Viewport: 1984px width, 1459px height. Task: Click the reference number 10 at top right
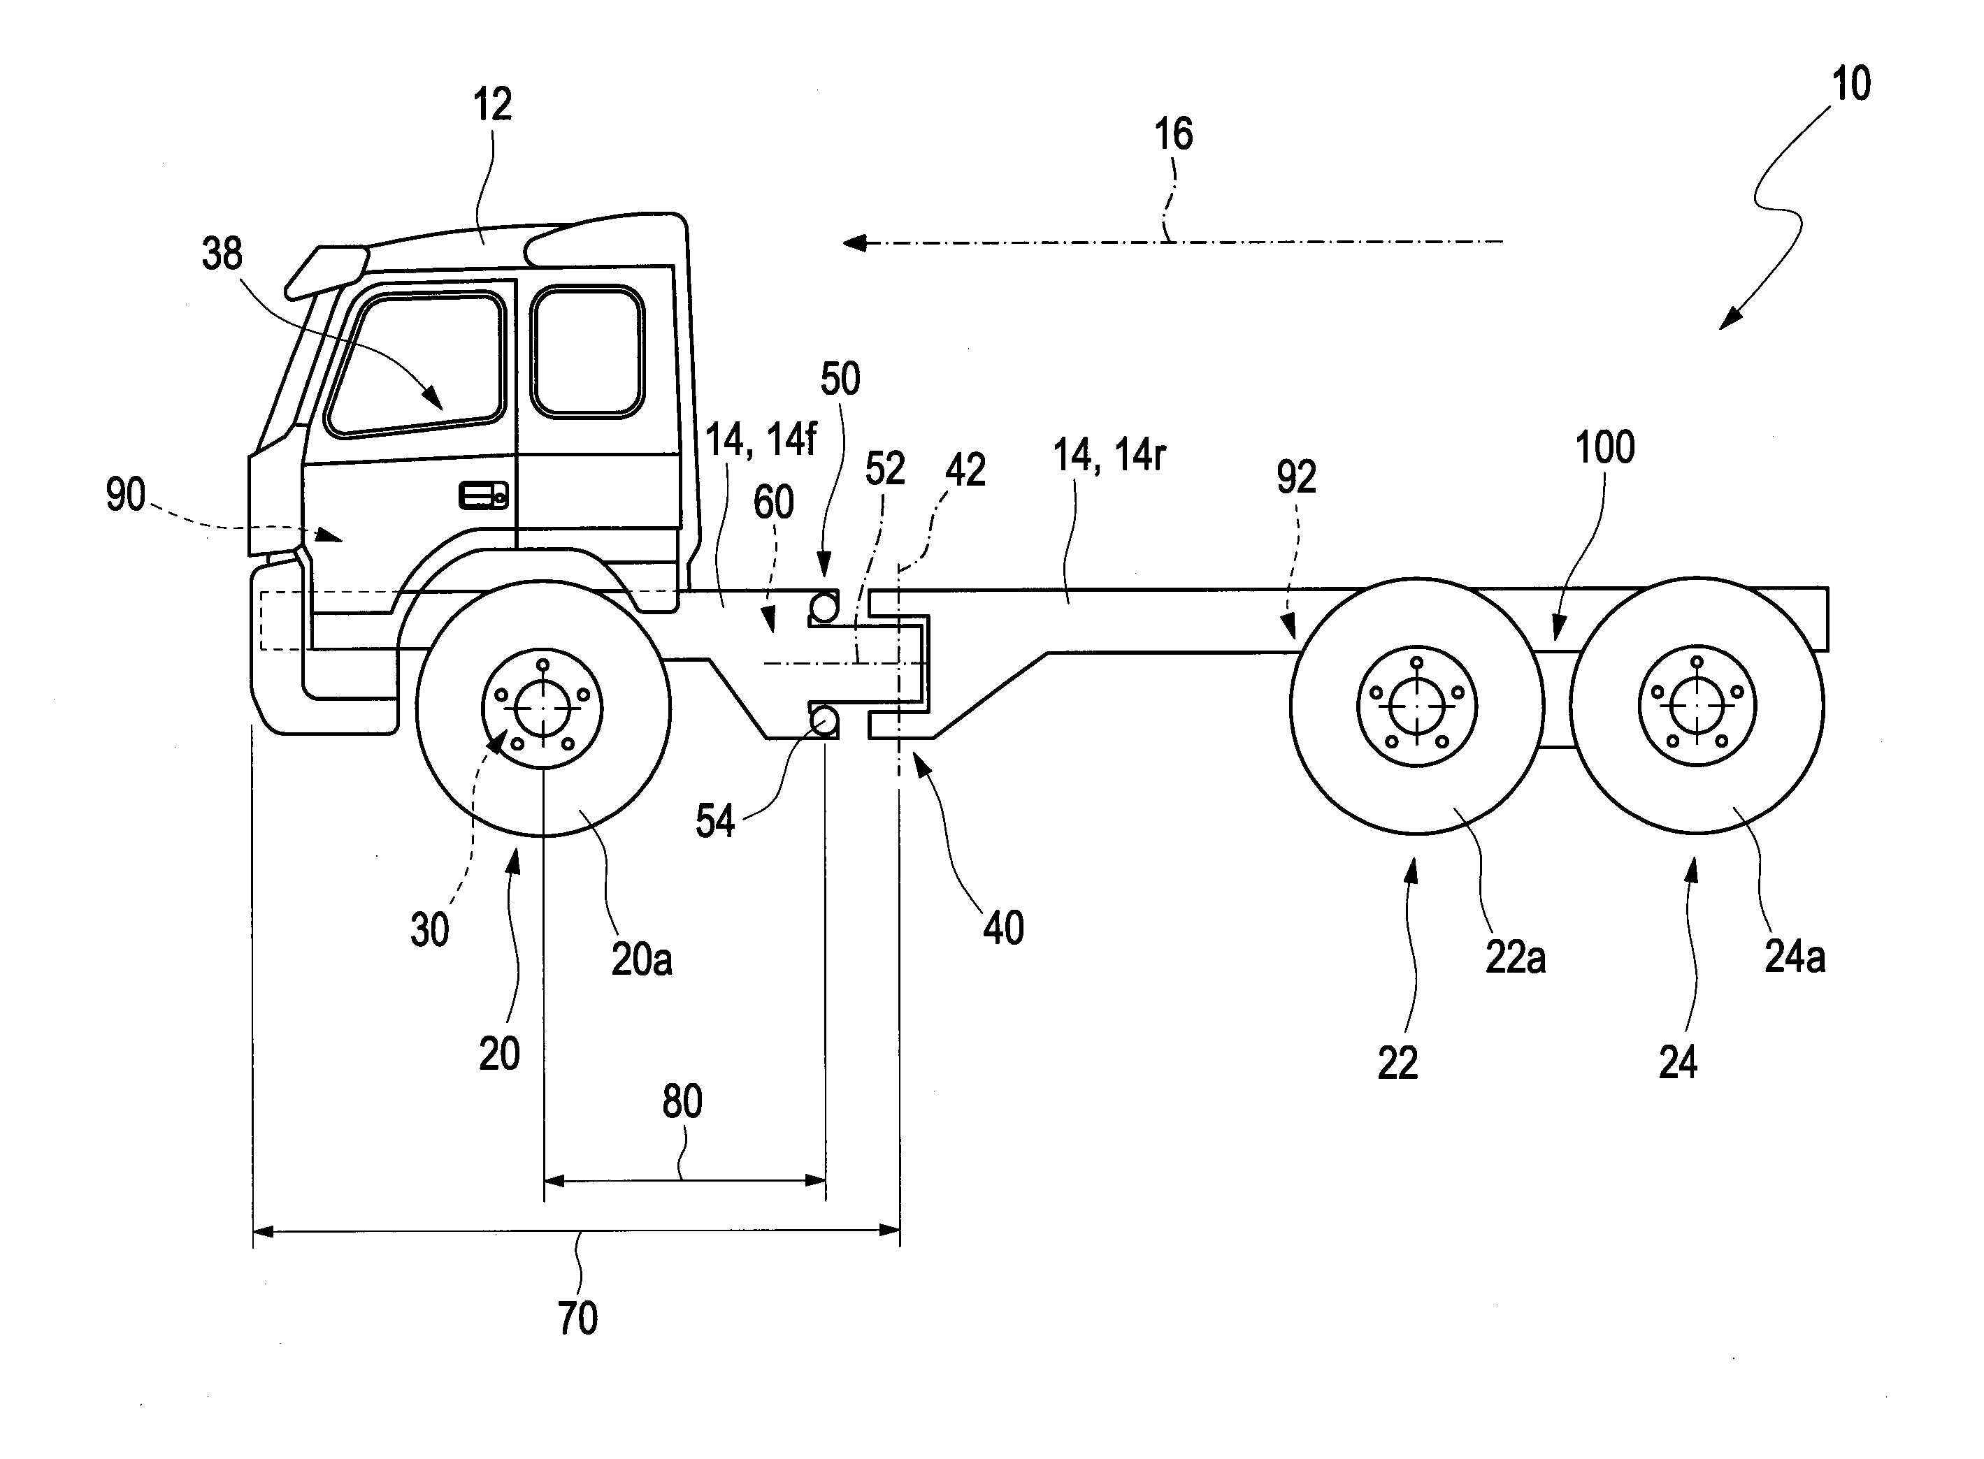click(1850, 85)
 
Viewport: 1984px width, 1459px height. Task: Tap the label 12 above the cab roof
click(492, 105)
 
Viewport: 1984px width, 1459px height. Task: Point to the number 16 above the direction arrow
click(1173, 134)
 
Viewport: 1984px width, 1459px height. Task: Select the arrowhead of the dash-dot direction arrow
click(854, 242)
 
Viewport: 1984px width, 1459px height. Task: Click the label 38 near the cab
click(222, 254)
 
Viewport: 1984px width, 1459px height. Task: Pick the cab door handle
click(483, 495)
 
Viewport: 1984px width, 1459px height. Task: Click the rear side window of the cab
click(587, 351)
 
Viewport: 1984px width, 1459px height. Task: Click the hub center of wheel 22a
click(1416, 706)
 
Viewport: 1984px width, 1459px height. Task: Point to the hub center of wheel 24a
click(1696, 706)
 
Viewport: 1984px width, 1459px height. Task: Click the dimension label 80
click(682, 1101)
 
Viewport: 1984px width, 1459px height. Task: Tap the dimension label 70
click(577, 1319)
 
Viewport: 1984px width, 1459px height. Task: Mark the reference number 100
click(1604, 448)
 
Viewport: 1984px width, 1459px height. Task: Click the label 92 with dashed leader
click(1296, 477)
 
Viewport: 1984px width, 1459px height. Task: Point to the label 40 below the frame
click(1003, 929)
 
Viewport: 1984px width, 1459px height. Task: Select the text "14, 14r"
click(1109, 456)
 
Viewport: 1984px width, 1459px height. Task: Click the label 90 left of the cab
click(125, 495)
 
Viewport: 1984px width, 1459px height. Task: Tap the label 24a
click(1794, 957)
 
